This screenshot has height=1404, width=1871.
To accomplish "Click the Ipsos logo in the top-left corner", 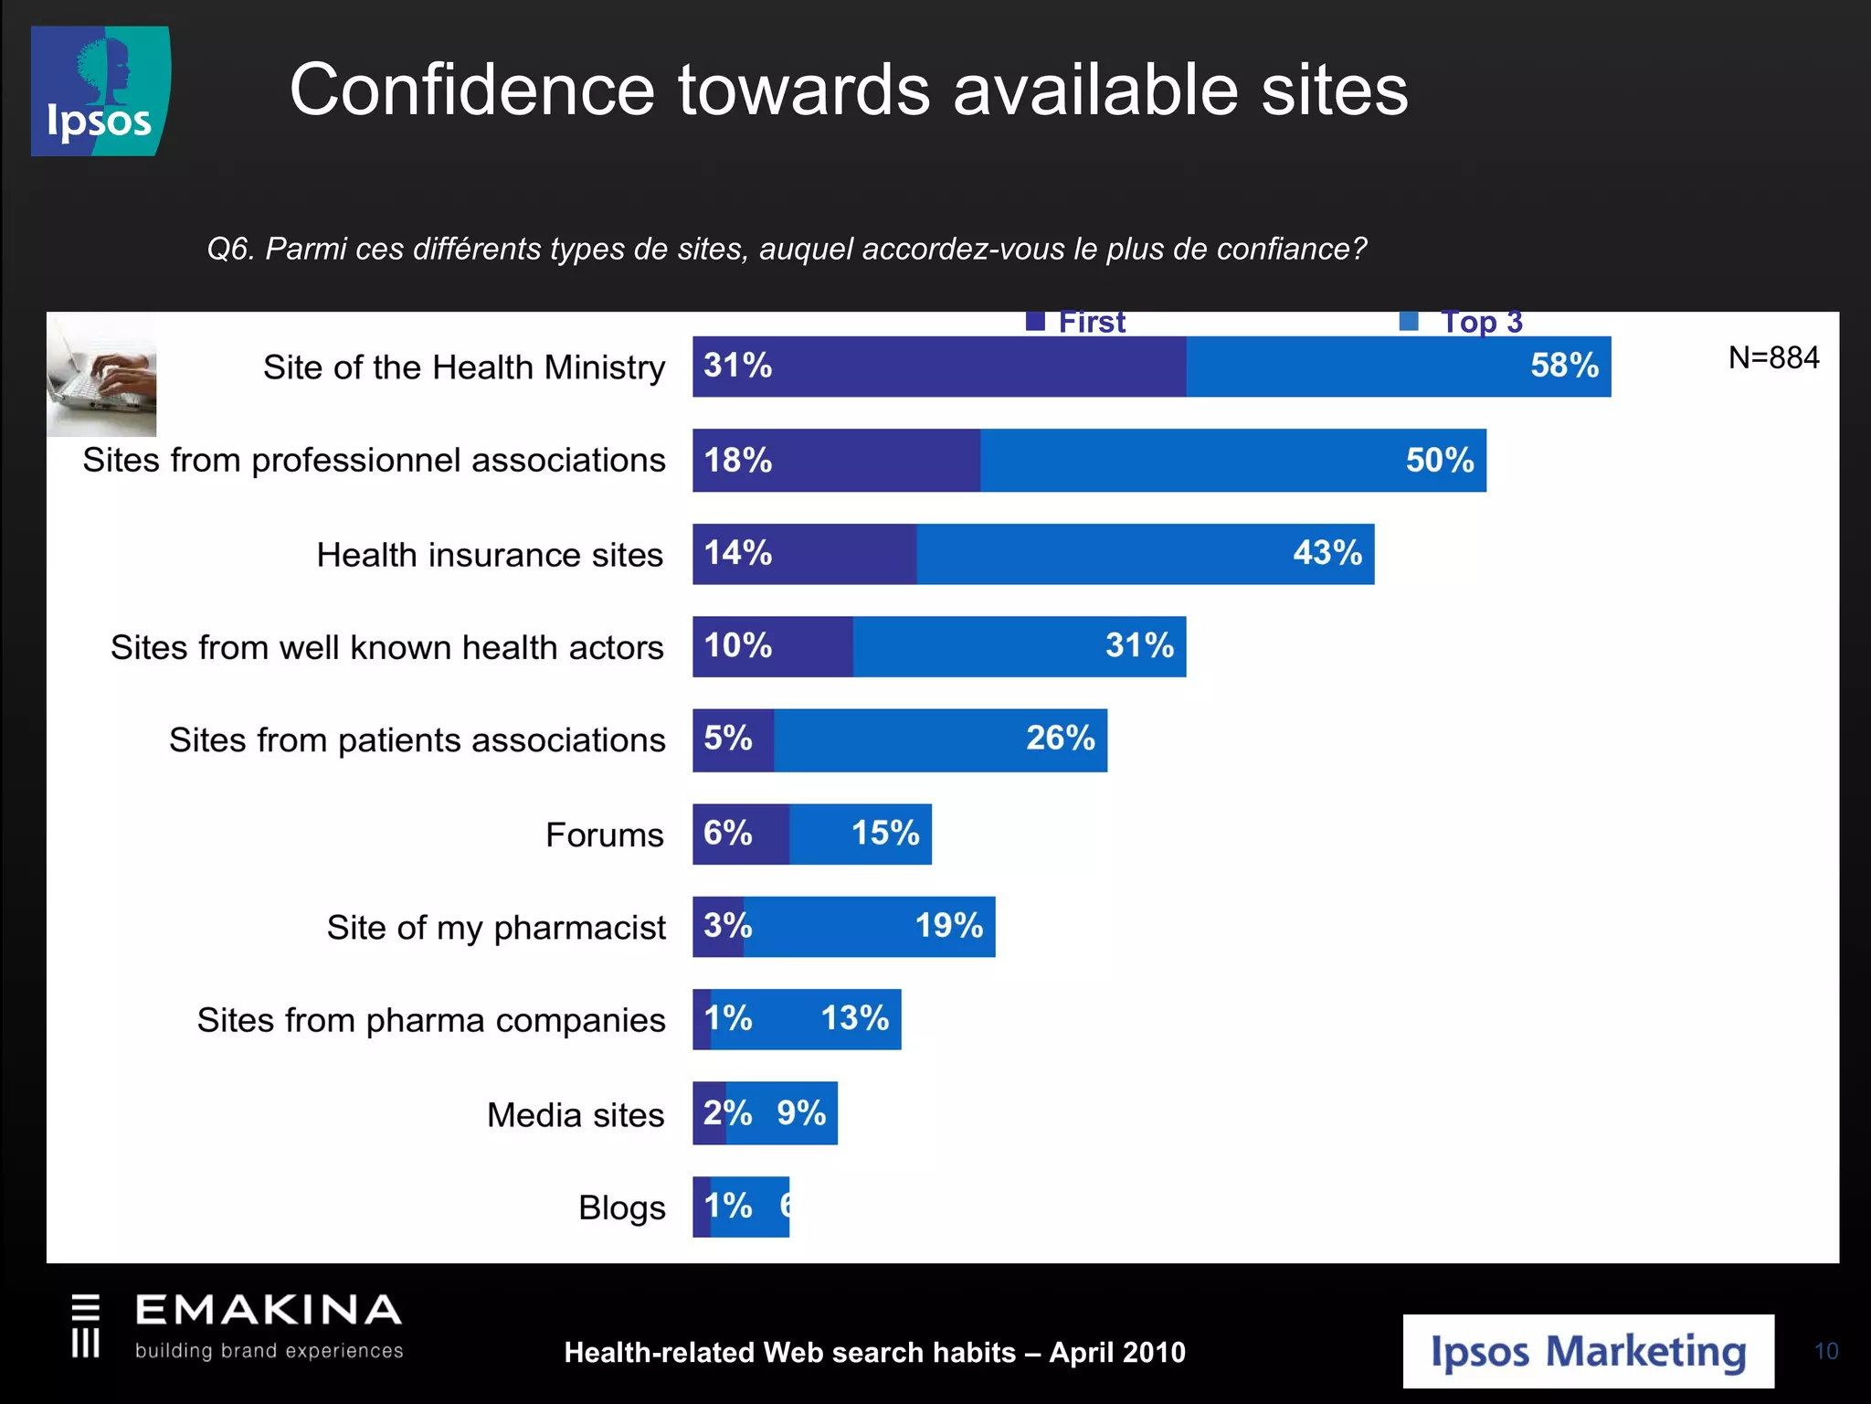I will coord(100,91).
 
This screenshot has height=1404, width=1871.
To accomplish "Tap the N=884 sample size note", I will coord(1772,357).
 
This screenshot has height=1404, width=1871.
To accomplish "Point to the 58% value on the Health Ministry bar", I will coord(1564,366).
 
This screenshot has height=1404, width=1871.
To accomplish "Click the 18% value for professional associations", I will coord(737,460).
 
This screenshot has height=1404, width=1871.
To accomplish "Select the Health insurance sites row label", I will coord(490,555).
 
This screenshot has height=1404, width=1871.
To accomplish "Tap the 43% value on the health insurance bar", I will coord(1327,553).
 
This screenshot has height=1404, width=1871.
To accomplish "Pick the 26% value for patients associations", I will coord(1060,739).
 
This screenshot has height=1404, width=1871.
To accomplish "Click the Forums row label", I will coord(604,835).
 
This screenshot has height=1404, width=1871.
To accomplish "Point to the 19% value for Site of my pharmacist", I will coord(948,926).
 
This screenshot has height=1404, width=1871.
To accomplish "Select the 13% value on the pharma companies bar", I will coord(854,1018).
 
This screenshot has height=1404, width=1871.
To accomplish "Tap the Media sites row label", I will coord(575,1115).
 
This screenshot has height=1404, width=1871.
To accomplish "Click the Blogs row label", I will coord(621,1207).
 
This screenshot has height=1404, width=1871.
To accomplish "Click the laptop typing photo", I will coord(101,376).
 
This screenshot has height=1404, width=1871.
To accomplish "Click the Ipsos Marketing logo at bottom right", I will coord(1588,1352).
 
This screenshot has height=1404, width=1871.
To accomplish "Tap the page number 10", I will coord(1825,1351).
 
